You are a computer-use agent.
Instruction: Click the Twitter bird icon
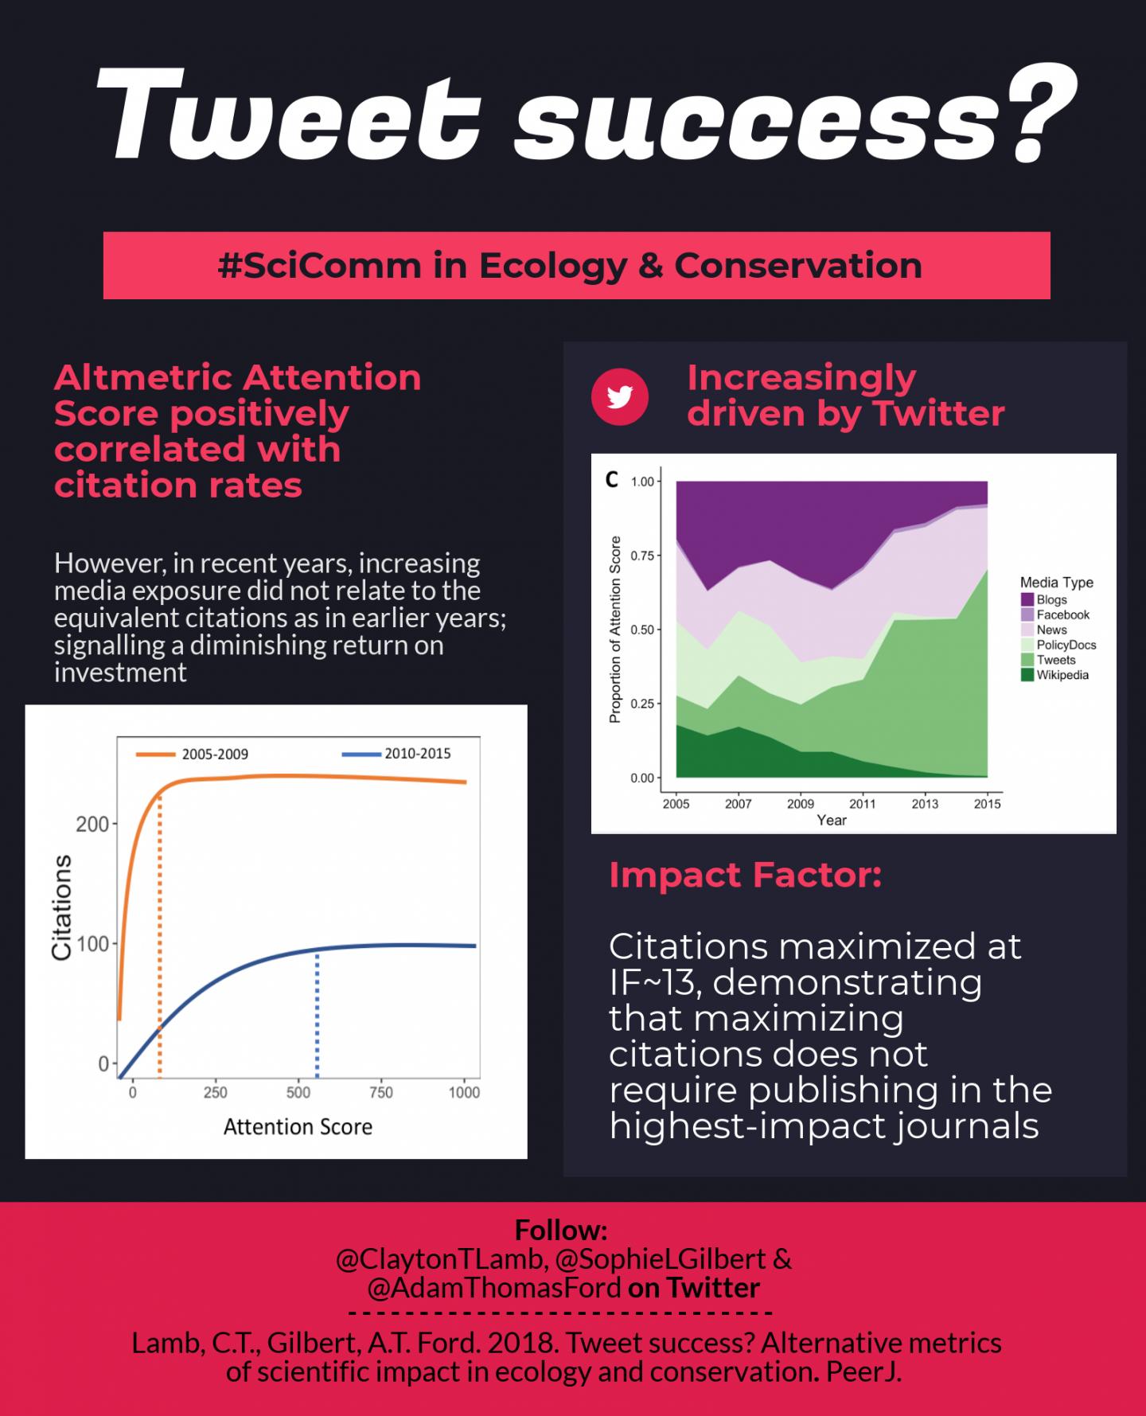click(620, 396)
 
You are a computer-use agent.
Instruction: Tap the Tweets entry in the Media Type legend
click(1055, 660)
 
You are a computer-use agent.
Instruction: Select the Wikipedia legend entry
click(1062, 675)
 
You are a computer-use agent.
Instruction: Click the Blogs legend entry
click(1050, 599)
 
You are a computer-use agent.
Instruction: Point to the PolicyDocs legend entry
click(1066, 645)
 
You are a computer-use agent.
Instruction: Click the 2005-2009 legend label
click(215, 754)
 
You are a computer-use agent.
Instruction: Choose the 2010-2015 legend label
click(417, 753)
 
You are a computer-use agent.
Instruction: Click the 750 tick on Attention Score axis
click(380, 1092)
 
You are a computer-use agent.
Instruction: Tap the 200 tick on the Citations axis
click(92, 824)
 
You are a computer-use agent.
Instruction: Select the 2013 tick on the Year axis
click(925, 804)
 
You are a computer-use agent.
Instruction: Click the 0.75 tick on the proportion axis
click(642, 556)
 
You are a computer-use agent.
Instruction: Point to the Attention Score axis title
click(298, 1126)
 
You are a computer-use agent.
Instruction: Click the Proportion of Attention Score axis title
click(614, 629)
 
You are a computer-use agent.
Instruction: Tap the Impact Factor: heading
click(745, 875)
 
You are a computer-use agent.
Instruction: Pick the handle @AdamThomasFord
click(493, 1287)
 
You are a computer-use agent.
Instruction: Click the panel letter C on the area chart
click(611, 479)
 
